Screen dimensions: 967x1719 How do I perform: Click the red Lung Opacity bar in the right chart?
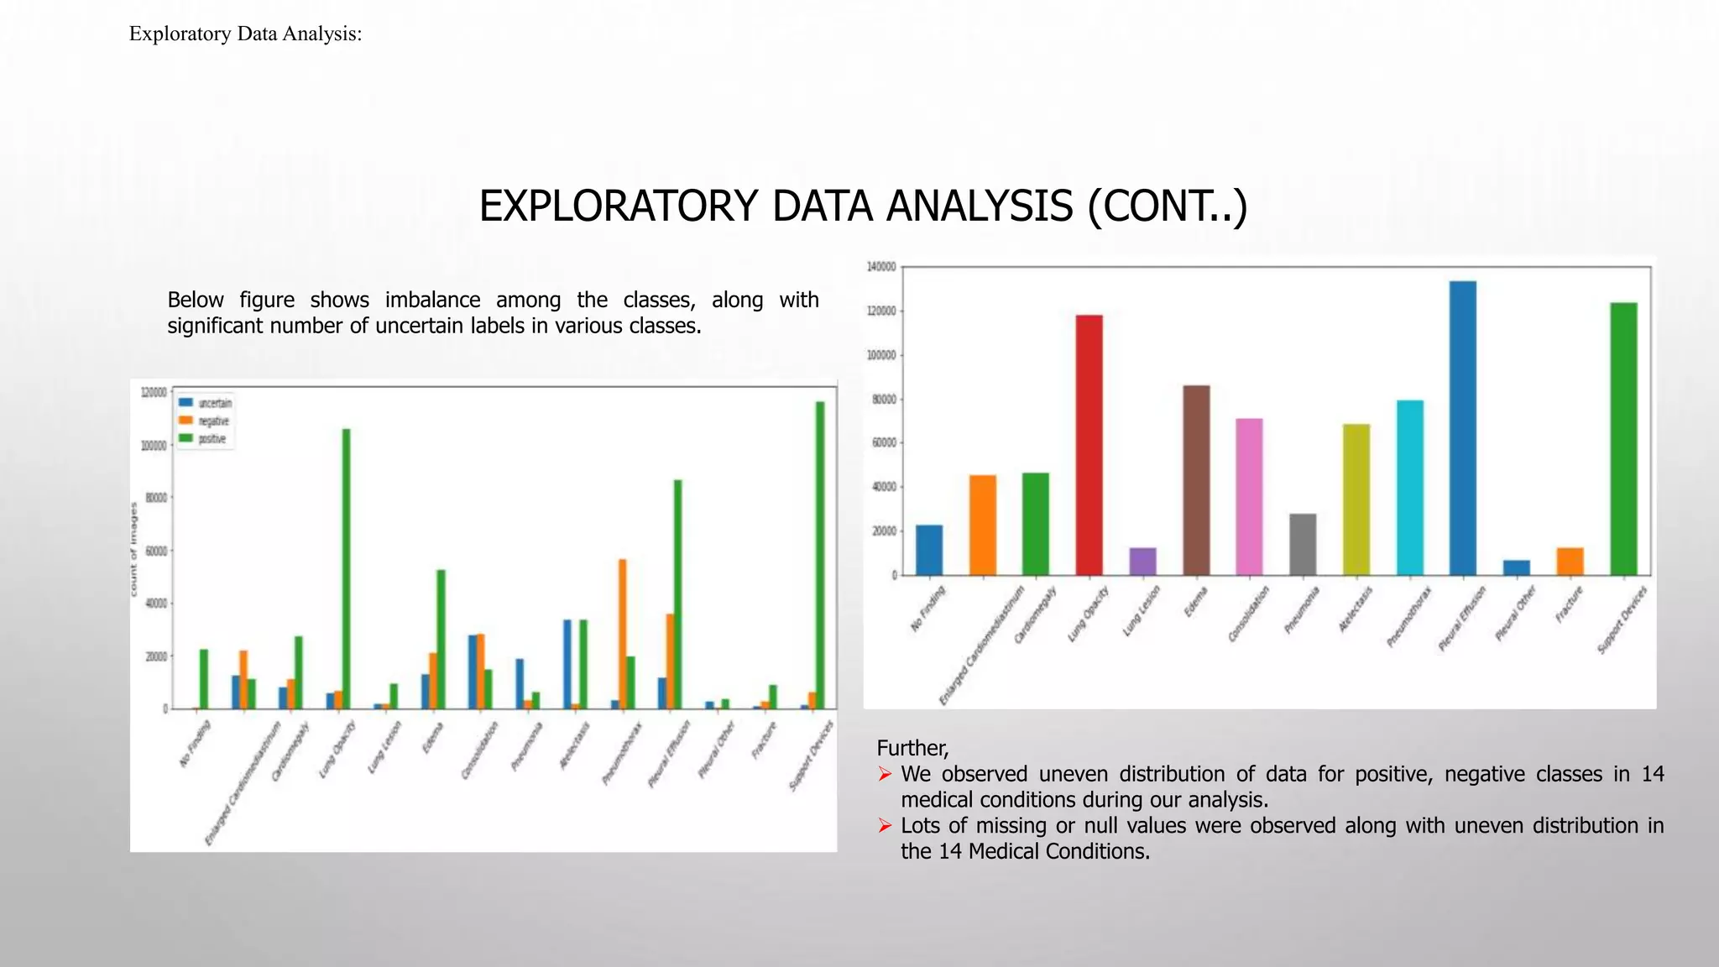point(1089,445)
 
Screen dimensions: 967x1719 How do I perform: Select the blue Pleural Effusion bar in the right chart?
point(1462,428)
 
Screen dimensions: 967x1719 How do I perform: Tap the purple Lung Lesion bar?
point(1142,562)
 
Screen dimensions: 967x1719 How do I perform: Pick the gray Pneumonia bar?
point(1302,544)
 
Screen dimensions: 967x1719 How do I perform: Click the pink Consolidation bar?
point(1249,497)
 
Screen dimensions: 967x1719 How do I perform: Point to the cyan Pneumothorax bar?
point(1409,488)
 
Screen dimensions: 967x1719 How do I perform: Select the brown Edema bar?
point(1196,480)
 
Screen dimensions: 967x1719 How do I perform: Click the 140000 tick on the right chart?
point(880,267)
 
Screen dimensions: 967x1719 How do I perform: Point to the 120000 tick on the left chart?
point(154,392)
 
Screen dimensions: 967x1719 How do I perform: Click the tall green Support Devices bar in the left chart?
point(820,555)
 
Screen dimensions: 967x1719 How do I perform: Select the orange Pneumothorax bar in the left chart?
point(622,634)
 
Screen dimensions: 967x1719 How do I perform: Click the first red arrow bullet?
point(885,774)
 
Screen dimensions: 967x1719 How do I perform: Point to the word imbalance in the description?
point(432,300)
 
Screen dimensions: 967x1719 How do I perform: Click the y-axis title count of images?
point(133,549)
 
